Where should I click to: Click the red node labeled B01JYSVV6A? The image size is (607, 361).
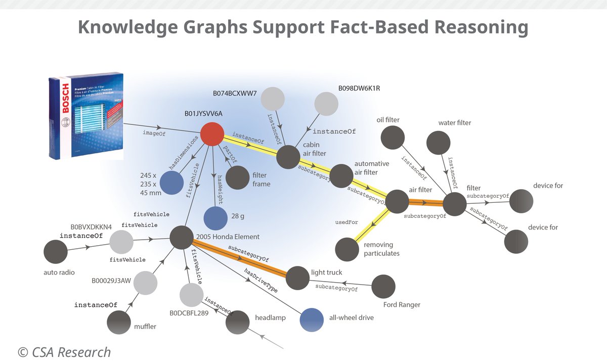click(x=212, y=134)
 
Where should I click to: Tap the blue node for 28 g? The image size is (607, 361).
click(x=215, y=218)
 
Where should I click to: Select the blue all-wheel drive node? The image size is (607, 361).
click(x=312, y=319)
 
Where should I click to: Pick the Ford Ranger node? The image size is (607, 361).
click(x=383, y=287)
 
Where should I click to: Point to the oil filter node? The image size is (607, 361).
click(x=393, y=137)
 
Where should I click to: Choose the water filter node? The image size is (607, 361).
click(x=438, y=143)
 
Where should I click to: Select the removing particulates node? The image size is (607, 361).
click(x=347, y=249)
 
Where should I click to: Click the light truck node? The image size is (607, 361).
click(x=297, y=277)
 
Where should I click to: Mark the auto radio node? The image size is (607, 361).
click(x=56, y=252)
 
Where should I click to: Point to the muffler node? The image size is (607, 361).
click(x=119, y=322)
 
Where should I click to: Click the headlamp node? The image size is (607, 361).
click(x=237, y=322)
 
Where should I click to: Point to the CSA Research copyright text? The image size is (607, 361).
click(x=64, y=351)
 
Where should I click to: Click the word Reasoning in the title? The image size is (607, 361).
click(x=475, y=27)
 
